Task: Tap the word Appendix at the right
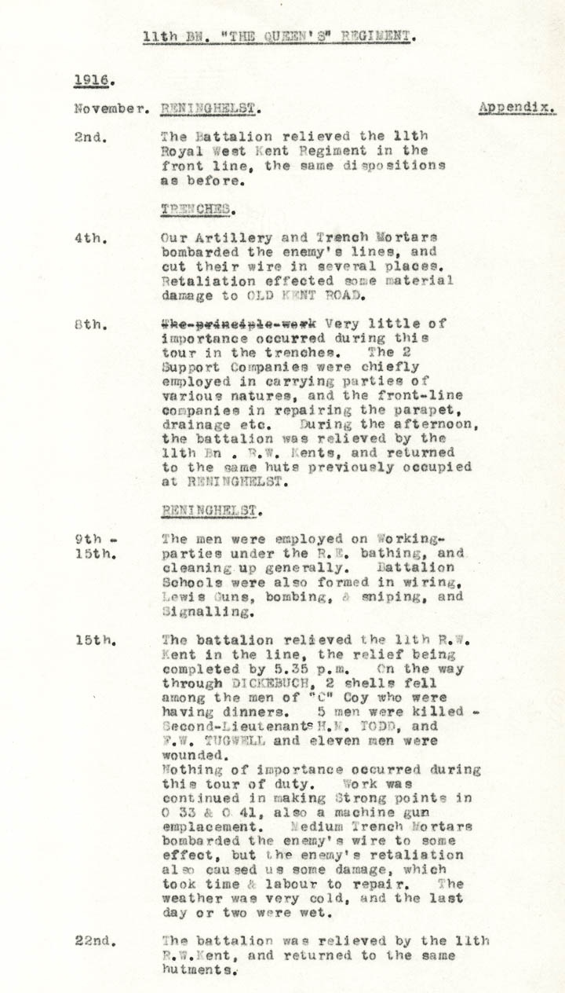tap(517, 108)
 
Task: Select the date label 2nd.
tap(93, 137)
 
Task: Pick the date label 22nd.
tap(97, 940)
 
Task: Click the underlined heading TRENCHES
tap(196, 209)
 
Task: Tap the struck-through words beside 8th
tap(239, 323)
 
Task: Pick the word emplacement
tap(210, 826)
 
